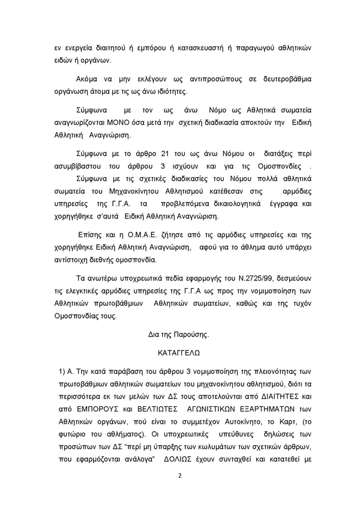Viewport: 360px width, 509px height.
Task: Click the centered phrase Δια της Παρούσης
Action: pos(179,332)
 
